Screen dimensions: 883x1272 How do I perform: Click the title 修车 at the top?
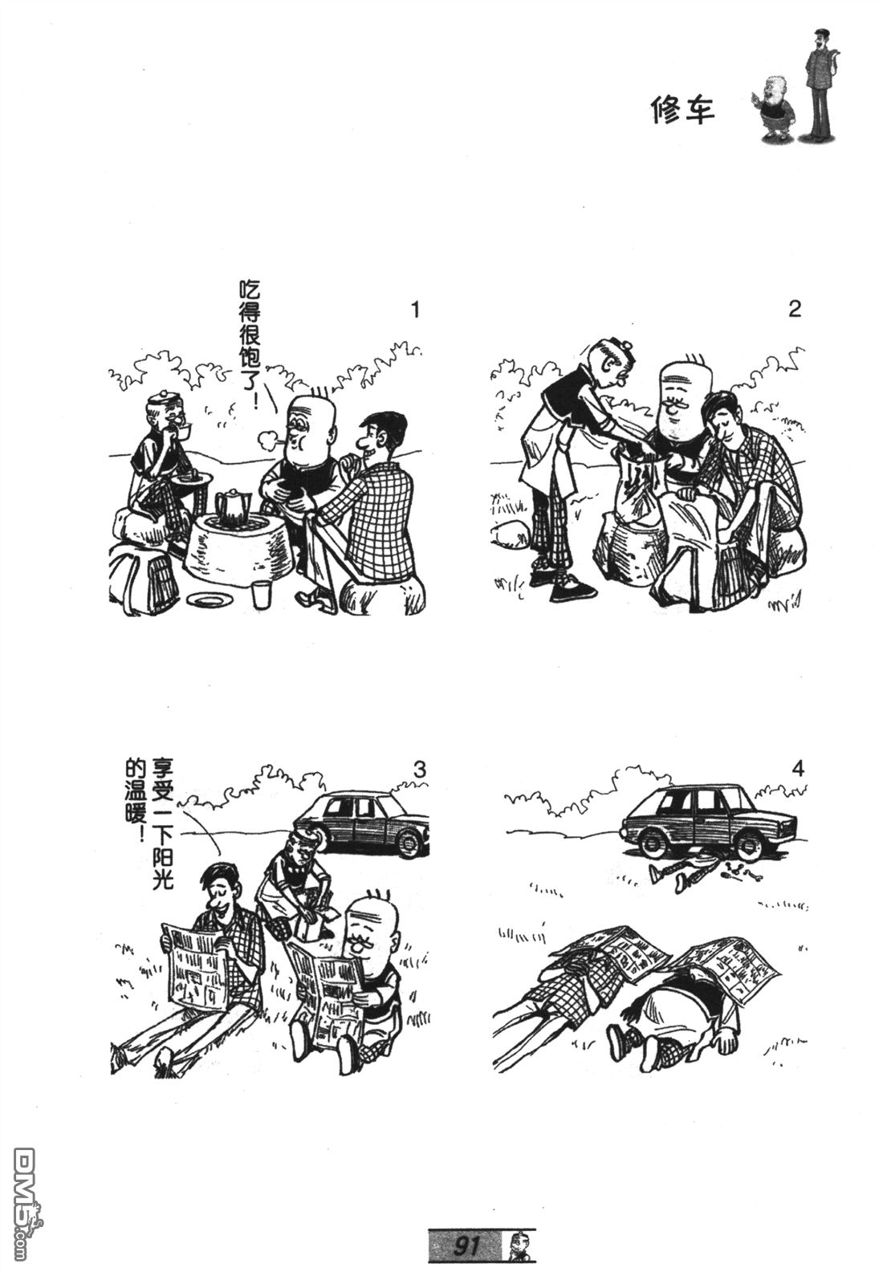coord(682,110)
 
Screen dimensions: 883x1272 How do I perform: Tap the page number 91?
coord(466,1246)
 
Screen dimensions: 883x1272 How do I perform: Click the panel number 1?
coord(416,311)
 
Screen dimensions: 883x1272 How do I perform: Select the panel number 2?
coord(795,310)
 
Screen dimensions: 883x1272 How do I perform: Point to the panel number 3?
coord(419,770)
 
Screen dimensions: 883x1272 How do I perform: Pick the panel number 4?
coord(798,770)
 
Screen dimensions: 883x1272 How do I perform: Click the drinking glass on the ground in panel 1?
coord(261,595)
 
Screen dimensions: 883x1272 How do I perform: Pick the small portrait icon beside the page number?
coord(518,1247)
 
